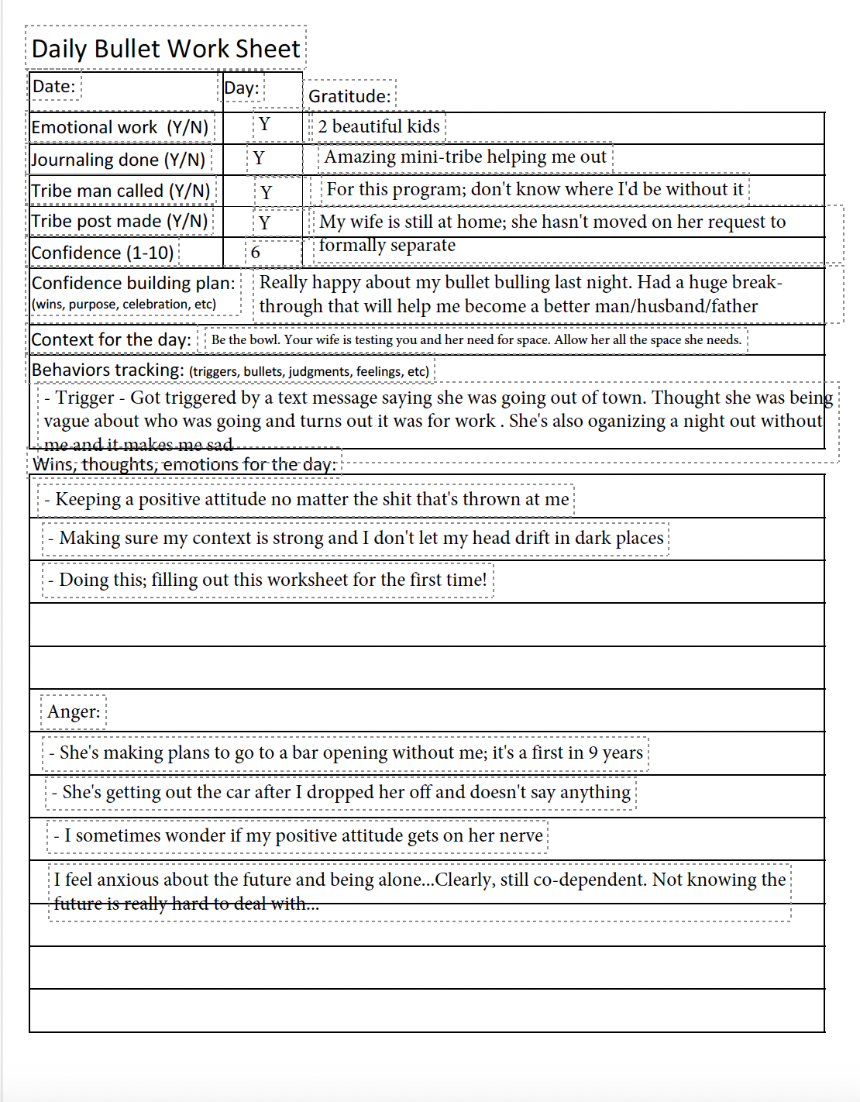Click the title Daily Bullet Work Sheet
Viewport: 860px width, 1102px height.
(165, 49)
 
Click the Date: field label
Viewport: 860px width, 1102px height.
(53, 86)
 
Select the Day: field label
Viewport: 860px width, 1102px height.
(241, 88)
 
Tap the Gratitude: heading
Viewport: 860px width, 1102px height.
(349, 96)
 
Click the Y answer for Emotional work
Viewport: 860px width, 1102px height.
(265, 125)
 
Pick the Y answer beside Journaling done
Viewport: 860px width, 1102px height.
(259, 158)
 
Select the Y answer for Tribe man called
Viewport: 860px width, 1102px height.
(267, 192)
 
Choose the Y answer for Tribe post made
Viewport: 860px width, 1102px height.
(265, 223)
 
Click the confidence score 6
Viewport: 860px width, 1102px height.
(256, 253)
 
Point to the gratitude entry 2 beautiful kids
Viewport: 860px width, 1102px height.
(378, 126)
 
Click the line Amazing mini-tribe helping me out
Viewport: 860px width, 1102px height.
(465, 157)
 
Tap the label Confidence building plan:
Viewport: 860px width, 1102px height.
(133, 283)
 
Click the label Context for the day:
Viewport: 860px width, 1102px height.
(111, 339)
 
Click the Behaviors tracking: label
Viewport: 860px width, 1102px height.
(108, 370)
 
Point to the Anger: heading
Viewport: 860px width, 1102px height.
(74, 711)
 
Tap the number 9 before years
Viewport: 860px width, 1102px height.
(593, 752)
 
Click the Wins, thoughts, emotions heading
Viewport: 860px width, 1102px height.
(184, 464)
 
